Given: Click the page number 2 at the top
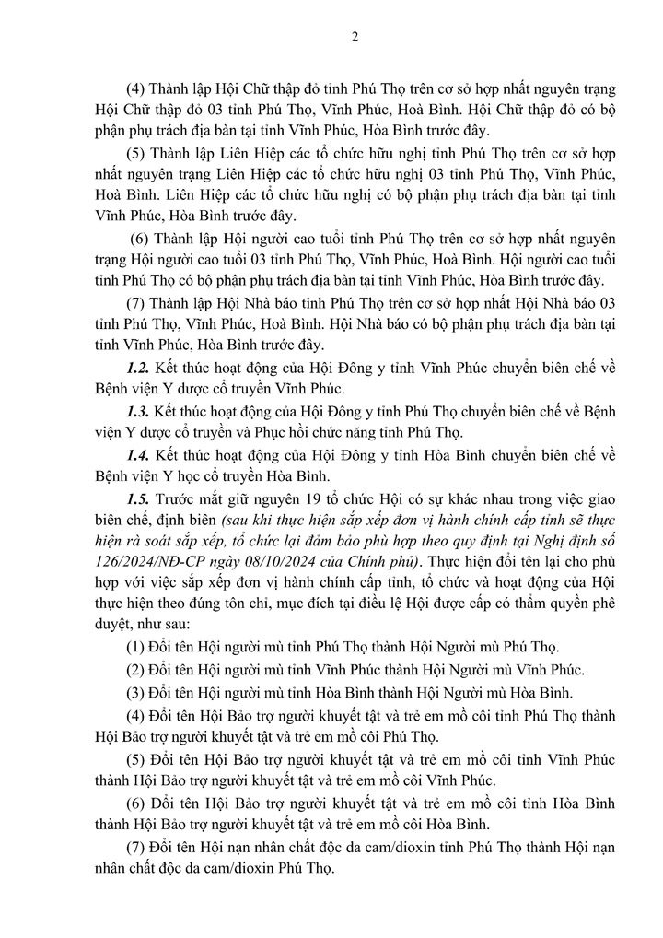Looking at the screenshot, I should pyautogui.click(x=354, y=38).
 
